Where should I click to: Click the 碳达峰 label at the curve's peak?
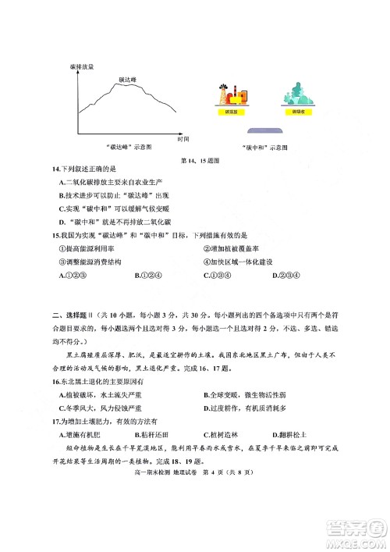pyautogui.click(x=128, y=80)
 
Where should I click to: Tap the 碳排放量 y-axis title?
pyautogui.click(x=81, y=67)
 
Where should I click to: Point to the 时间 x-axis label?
pyautogui.click(x=183, y=138)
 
